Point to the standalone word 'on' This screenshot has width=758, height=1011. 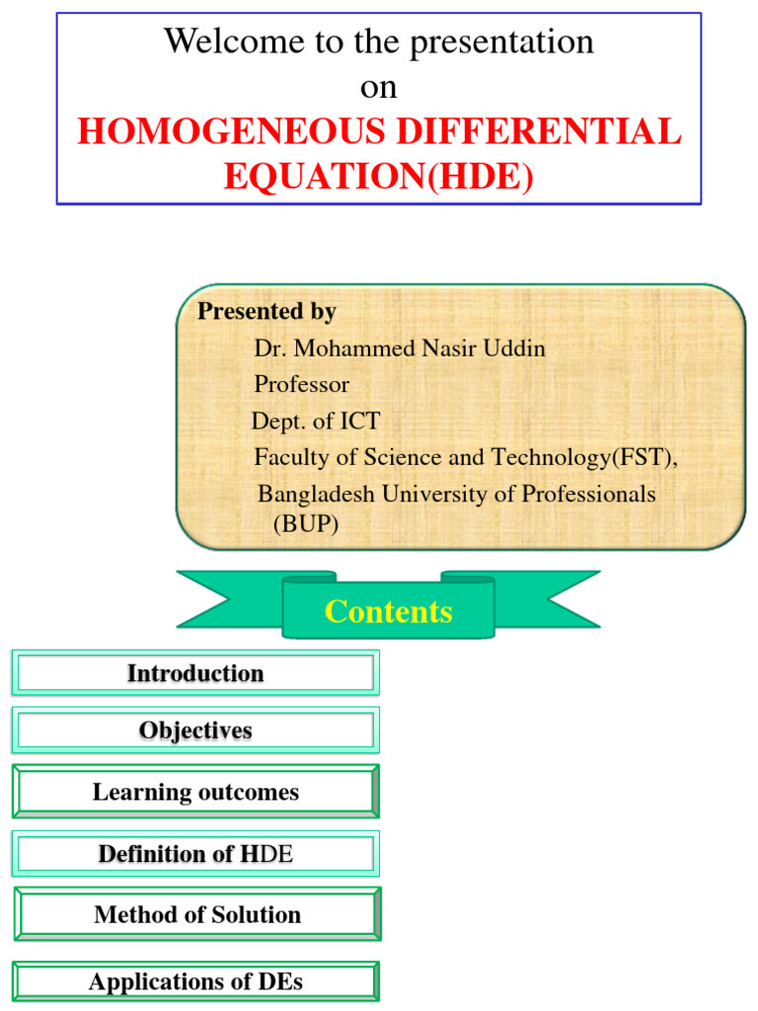click(x=378, y=87)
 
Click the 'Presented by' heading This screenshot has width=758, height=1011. click(x=266, y=312)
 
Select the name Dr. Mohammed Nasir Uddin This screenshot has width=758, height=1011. click(x=399, y=349)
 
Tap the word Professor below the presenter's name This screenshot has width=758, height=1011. click(x=301, y=384)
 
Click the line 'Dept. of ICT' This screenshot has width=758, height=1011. click(x=315, y=422)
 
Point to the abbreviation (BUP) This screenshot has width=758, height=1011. click(x=305, y=524)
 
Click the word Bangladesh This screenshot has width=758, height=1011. click(x=314, y=494)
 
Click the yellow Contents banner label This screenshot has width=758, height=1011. click(x=388, y=612)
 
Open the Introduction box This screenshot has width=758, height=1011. click(x=195, y=673)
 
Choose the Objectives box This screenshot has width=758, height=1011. click(x=195, y=731)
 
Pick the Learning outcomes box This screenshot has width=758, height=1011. click(x=195, y=792)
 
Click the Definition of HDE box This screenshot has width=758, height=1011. click(x=195, y=854)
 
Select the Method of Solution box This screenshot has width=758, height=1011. click(x=197, y=914)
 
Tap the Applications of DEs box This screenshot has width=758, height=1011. click(x=195, y=982)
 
